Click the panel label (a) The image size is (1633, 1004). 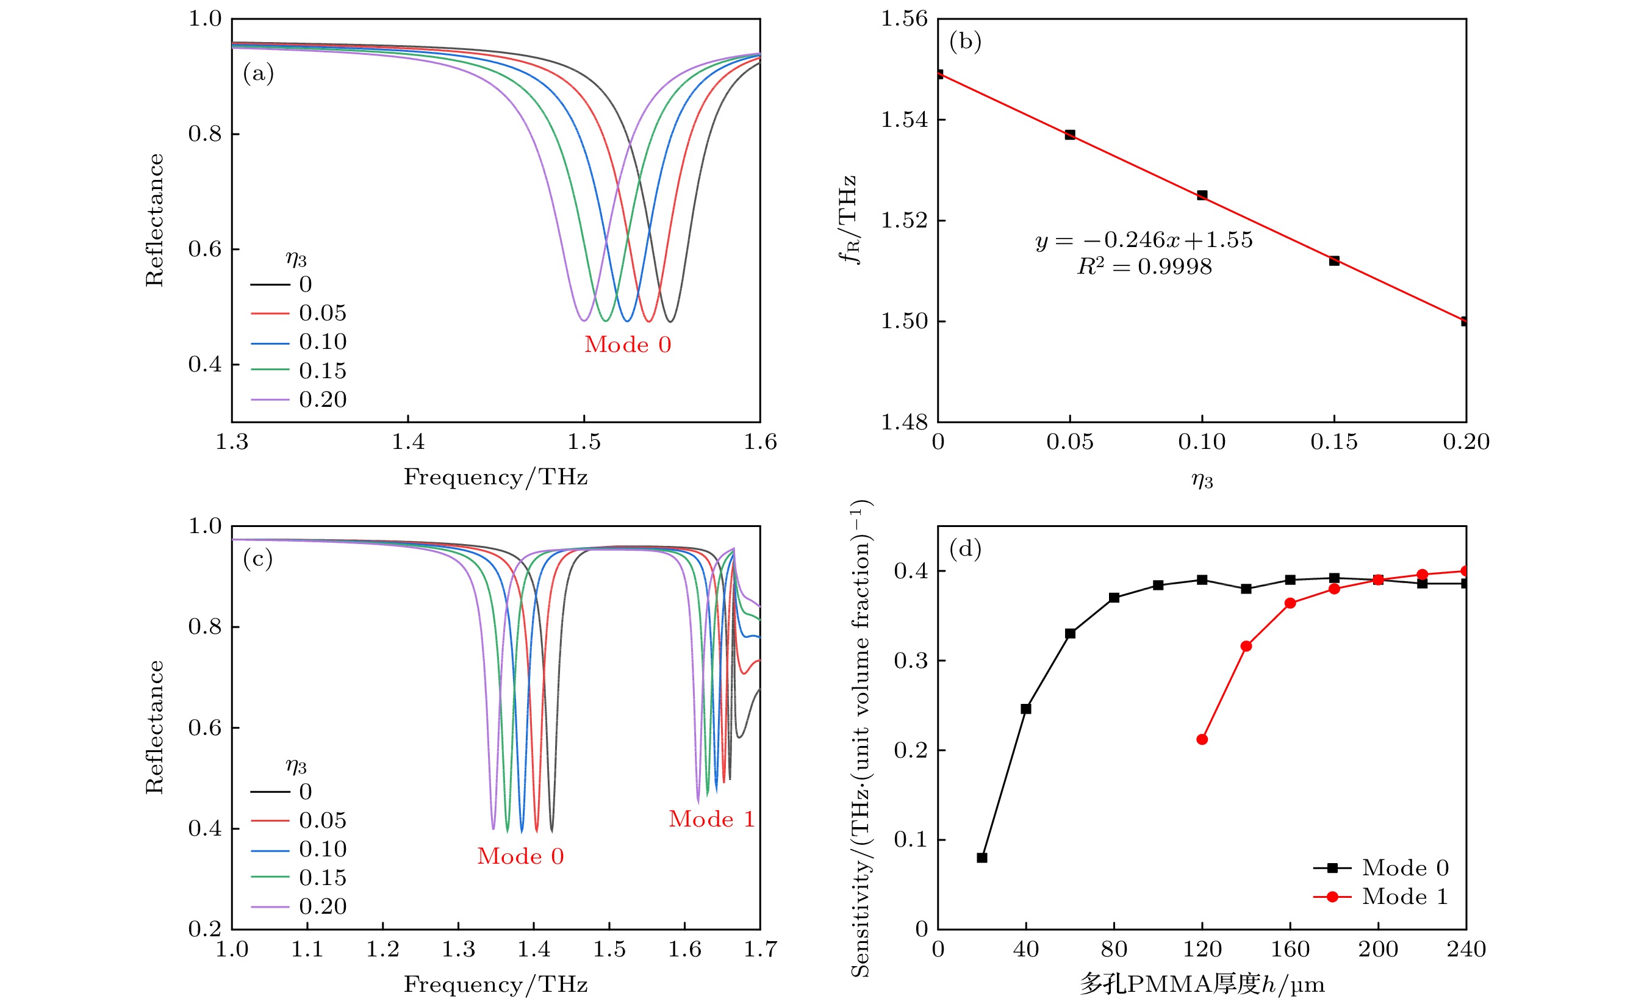coord(258,73)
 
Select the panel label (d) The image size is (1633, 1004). coord(965,548)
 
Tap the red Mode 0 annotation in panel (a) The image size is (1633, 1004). coord(628,345)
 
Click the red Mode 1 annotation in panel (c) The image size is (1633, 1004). coord(711,819)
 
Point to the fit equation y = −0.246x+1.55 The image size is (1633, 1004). coord(1144,240)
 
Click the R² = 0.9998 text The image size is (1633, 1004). coord(1144,267)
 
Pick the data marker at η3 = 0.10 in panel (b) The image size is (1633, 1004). coord(1202,195)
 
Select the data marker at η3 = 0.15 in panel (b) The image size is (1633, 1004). coord(1334,260)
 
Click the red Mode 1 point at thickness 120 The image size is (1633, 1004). coord(1202,740)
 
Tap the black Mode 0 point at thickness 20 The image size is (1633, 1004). coord(982,858)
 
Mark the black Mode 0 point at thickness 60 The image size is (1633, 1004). coord(1070,634)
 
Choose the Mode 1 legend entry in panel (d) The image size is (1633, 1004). coord(1404,897)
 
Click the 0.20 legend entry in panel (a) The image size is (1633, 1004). coord(323,400)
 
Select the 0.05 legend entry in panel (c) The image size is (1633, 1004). coord(323,821)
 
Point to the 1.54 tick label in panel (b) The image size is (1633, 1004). coord(904,120)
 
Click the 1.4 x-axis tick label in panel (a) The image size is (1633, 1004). coord(407,442)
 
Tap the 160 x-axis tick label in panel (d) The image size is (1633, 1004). coord(1290,950)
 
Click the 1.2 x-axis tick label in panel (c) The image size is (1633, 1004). coord(382,950)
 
